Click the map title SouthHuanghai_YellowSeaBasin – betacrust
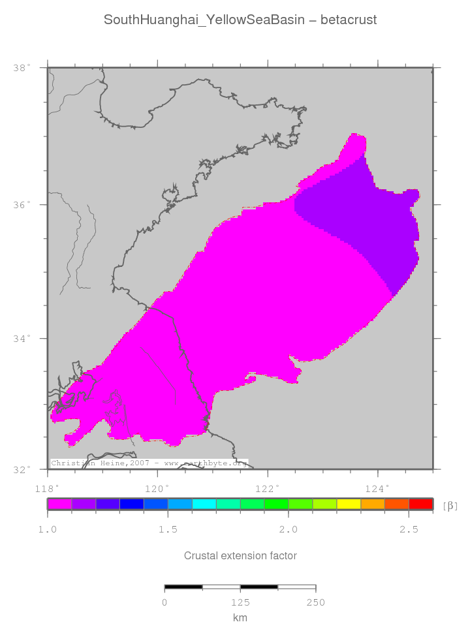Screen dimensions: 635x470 240,20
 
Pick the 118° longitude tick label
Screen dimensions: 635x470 47,487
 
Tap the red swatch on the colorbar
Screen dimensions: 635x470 421,504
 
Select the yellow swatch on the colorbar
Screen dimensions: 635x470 349,504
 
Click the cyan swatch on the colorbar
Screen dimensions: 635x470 204,504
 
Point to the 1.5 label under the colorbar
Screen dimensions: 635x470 168,529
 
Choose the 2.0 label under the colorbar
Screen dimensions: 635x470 288,529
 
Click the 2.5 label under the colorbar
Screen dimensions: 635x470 409,529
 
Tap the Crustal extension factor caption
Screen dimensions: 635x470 240,556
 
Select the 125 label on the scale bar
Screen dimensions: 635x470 240,602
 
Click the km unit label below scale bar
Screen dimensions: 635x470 240,617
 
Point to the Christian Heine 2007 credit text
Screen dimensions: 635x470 149,463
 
